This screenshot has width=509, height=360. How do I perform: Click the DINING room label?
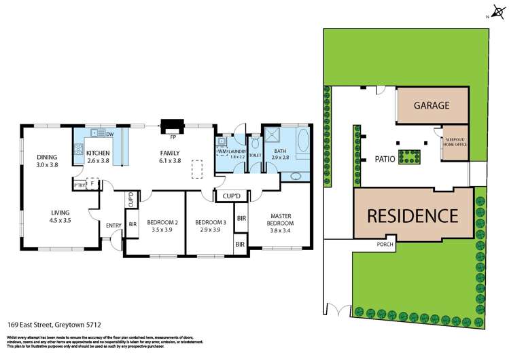click(47, 157)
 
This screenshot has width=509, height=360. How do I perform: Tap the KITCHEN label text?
click(98, 153)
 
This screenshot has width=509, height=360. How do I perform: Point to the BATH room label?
click(280, 151)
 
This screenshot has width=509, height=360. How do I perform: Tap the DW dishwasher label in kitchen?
click(109, 133)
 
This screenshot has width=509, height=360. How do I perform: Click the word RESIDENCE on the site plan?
click(413, 216)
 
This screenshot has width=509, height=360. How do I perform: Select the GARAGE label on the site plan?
click(432, 105)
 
